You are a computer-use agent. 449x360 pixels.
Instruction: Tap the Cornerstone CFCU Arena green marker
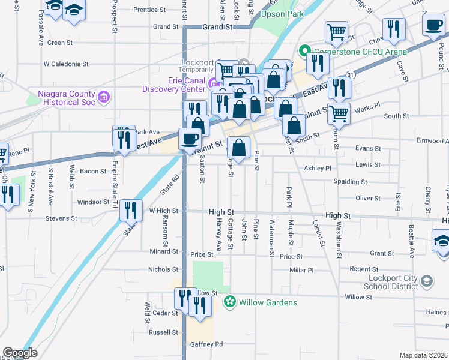point(304,52)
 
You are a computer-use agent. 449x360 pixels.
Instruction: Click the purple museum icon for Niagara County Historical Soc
point(104,96)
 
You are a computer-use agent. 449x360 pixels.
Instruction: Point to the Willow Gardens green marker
point(229,302)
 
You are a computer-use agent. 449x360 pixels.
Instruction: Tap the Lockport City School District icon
point(426,281)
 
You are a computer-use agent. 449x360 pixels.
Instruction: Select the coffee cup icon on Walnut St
point(190,138)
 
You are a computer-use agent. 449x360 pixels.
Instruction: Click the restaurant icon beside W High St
point(130,210)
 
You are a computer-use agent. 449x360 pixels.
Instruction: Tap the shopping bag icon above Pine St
point(239,147)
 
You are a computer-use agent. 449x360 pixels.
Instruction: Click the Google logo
point(20,353)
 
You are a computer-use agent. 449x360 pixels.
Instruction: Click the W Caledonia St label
point(66,63)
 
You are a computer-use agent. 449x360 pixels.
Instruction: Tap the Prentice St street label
point(149,10)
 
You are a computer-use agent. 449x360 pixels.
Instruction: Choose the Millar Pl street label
point(301,270)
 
